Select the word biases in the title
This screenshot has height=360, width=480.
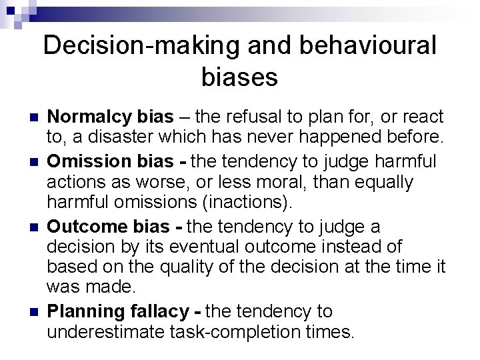tap(239, 78)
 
